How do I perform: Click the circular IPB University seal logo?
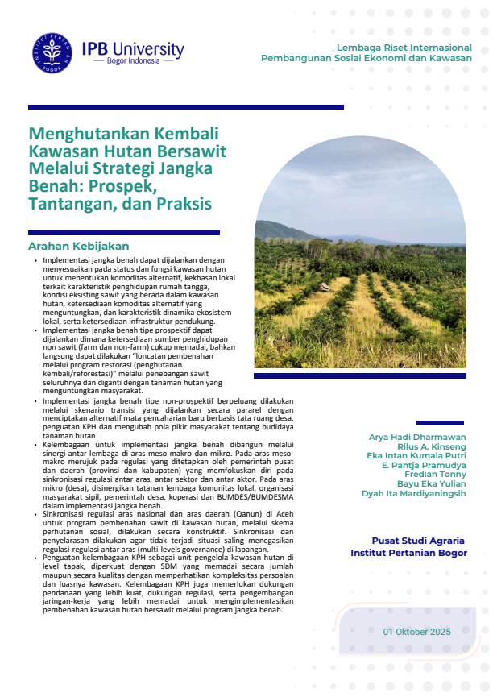pos(52,52)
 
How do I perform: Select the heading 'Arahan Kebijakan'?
pos(79,246)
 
